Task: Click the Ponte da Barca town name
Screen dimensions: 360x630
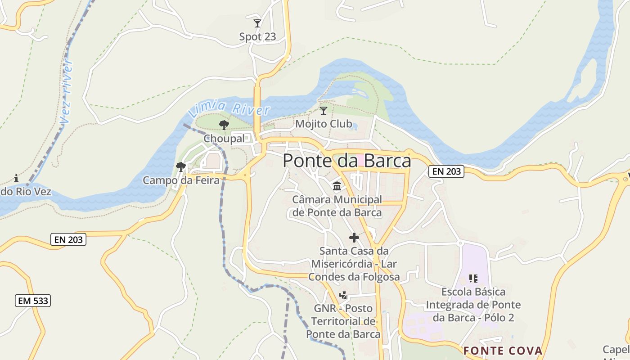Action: click(x=346, y=161)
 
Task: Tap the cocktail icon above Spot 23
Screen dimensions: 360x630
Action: click(x=257, y=23)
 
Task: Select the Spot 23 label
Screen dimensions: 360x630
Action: click(x=257, y=37)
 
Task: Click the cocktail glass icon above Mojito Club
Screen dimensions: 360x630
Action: click(x=323, y=111)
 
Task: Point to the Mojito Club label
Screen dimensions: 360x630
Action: click(x=324, y=123)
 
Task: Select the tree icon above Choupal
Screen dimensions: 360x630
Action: click(x=224, y=125)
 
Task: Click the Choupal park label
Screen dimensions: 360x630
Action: click(x=224, y=139)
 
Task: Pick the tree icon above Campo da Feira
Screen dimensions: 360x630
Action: click(x=181, y=167)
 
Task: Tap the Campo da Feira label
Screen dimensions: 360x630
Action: click(x=181, y=180)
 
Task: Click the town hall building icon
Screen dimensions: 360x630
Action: click(x=337, y=186)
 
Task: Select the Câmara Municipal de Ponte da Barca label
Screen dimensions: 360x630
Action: click(x=337, y=206)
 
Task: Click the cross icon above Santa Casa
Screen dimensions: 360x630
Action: click(x=354, y=238)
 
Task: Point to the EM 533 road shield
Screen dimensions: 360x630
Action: click(x=33, y=301)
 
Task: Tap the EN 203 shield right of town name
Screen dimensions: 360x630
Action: click(x=446, y=171)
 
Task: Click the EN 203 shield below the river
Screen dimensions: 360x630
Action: click(x=69, y=240)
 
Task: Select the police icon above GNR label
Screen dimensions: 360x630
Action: click(x=343, y=295)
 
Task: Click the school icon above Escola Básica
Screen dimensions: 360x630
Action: click(x=473, y=279)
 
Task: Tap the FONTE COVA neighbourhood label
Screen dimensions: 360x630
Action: click(x=503, y=351)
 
